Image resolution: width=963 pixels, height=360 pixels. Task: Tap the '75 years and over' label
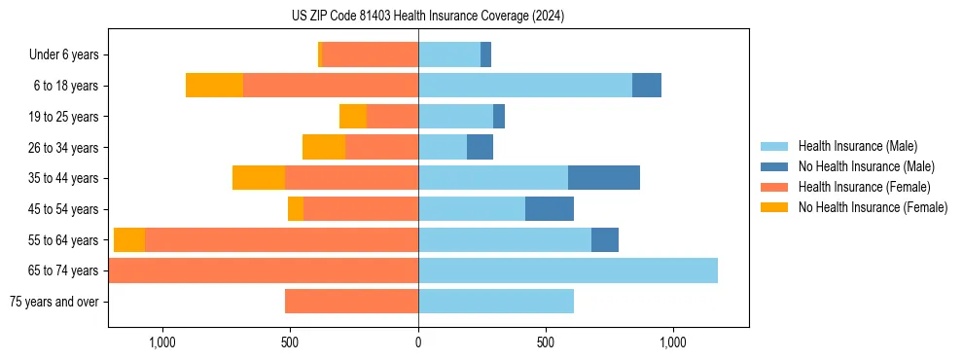click(x=54, y=302)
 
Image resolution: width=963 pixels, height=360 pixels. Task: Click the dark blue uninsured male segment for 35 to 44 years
click(x=604, y=177)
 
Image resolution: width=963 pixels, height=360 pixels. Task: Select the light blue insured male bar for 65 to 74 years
click(x=568, y=270)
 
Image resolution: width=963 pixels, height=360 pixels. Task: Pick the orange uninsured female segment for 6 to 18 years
click(x=214, y=86)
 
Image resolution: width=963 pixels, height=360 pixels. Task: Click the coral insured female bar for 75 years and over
click(x=351, y=302)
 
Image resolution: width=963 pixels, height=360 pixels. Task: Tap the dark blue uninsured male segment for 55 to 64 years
click(x=605, y=239)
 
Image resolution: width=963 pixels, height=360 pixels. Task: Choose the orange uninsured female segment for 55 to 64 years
click(x=129, y=239)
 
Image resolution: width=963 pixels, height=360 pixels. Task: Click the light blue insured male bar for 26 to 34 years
click(x=443, y=147)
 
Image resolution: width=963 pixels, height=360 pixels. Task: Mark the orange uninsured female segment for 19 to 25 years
click(x=353, y=116)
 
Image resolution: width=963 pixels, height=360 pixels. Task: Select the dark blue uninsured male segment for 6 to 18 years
click(x=647, y=86)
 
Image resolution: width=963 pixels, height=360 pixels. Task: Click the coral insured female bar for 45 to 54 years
click(x=361, y=208)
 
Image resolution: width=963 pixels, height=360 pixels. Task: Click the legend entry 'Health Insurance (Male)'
click(x=858, y=146)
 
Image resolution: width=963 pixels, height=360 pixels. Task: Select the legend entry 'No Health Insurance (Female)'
click(x=873, y=207)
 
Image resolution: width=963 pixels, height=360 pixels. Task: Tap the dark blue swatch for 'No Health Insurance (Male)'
click(x=775, y=166)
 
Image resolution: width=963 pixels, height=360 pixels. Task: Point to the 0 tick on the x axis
click(x=418, y=342)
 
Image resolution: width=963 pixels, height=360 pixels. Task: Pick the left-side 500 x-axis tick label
click(x=290, y=342)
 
